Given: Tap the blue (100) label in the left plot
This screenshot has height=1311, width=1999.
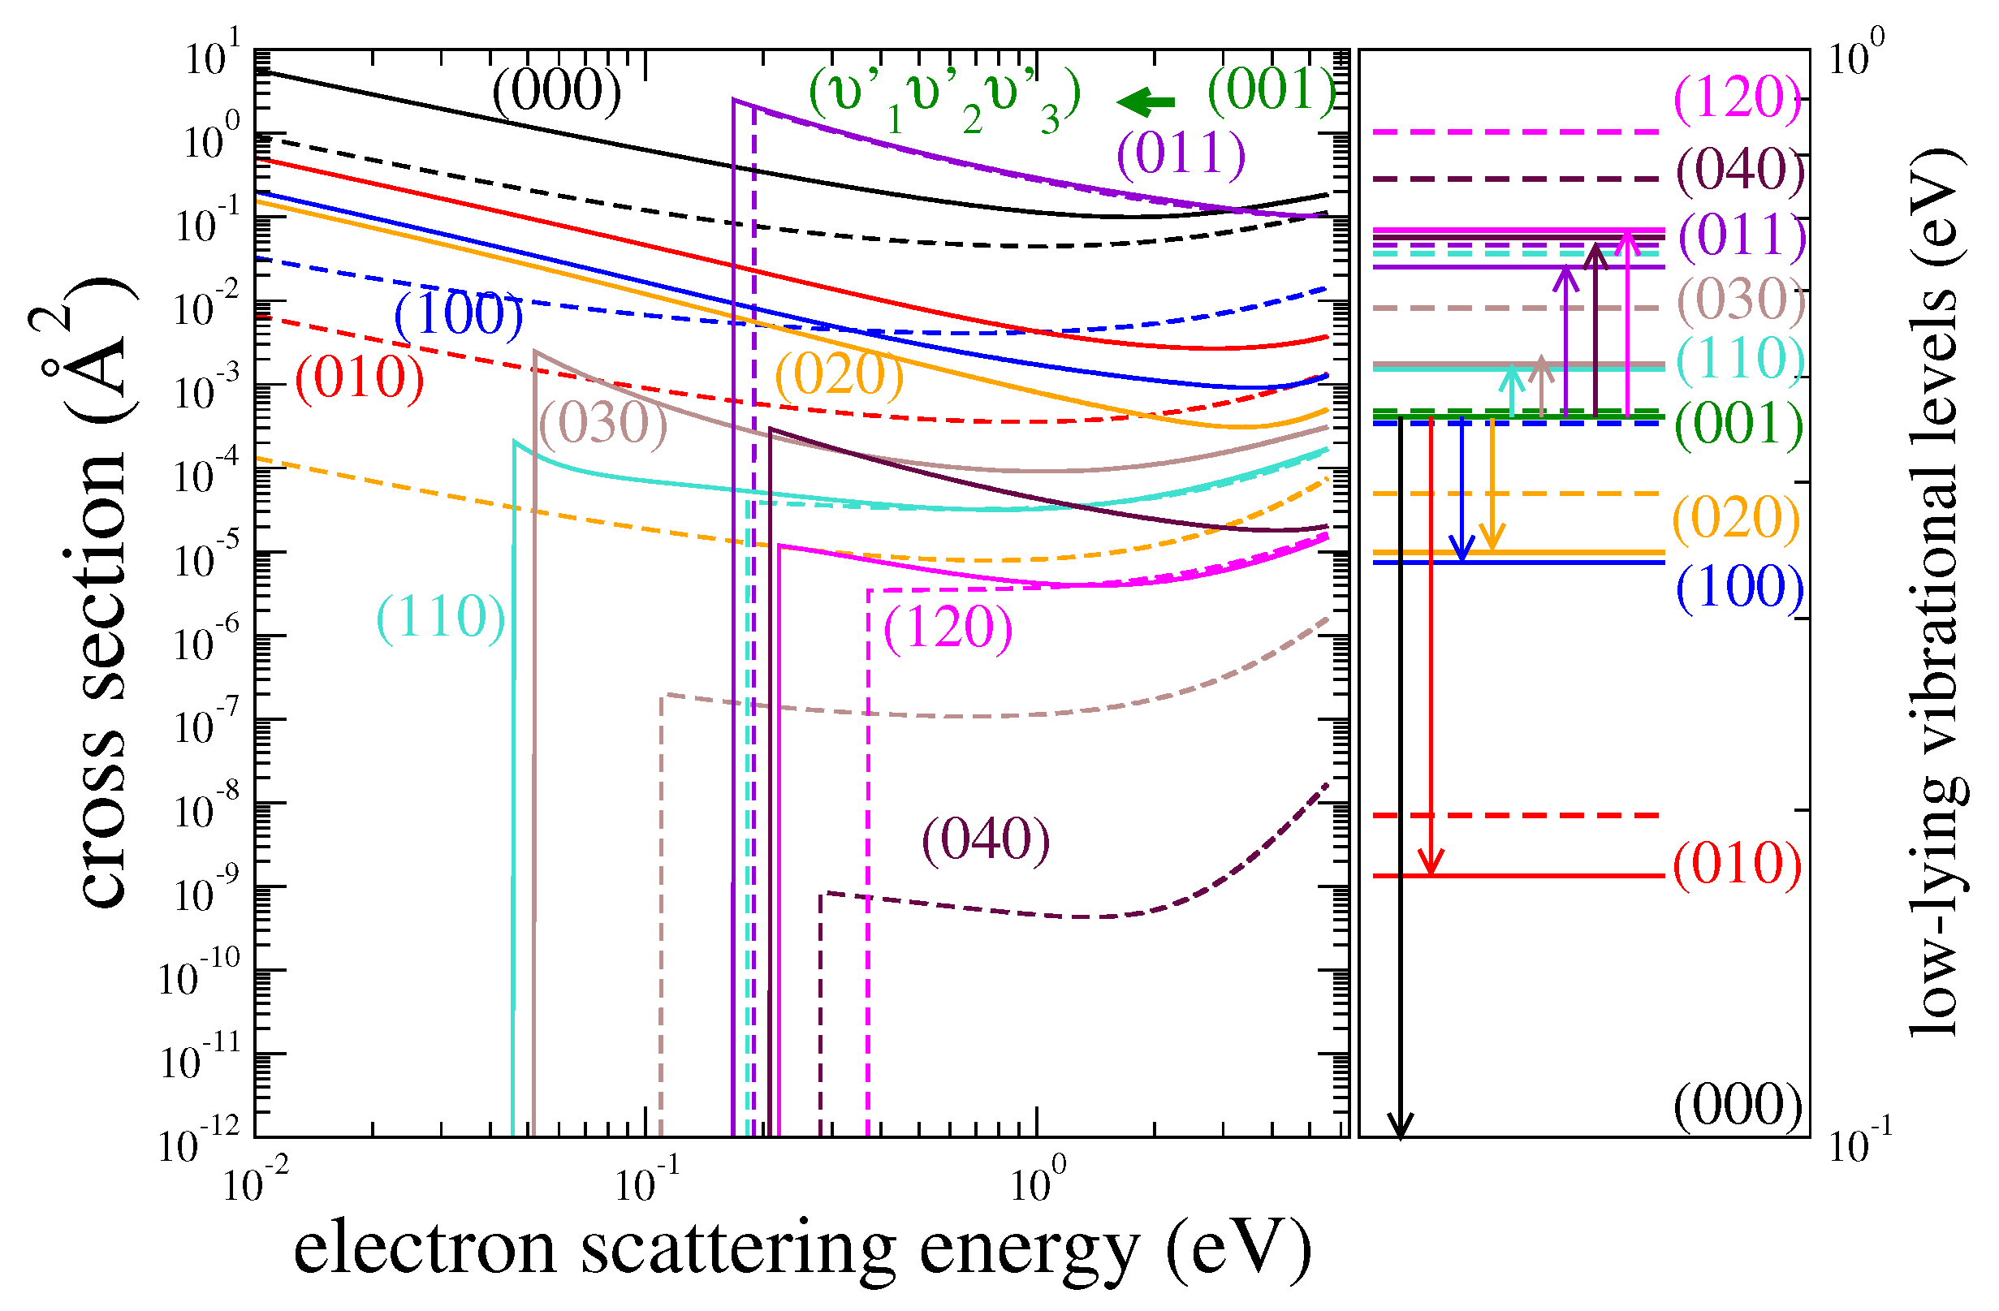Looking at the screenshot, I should pyautogui.click(x=459, y=315).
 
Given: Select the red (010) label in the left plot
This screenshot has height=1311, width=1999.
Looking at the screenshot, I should pyautogui.click(x=360, y=378).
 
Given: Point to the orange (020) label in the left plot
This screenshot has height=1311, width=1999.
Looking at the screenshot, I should pyautogui.click(x=839, y=373).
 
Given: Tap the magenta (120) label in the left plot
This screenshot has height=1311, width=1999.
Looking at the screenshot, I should pyautogui.click(x=948, y=627).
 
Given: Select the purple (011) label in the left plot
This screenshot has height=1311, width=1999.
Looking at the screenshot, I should pyautogui.click(x=1181, y=153).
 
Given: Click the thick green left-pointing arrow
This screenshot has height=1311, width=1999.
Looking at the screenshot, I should pyautogui.click(x=1146, y=101).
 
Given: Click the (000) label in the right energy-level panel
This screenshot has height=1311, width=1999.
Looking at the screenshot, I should pyautogui.click(x=1738, y=1106).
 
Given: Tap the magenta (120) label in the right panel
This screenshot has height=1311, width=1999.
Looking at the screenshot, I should pyautogui.click(x=1738, y=98).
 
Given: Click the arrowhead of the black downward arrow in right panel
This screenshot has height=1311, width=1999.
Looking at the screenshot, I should pyautogui.click(x=1400, y=1125).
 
